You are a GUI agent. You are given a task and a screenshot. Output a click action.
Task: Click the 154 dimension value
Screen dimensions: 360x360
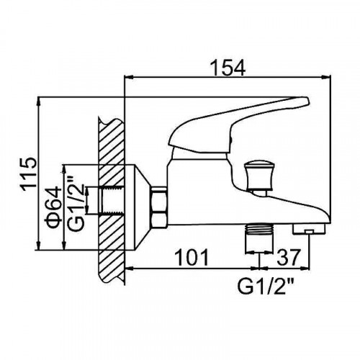228,68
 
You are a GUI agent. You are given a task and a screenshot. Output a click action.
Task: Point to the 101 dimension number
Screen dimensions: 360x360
192,257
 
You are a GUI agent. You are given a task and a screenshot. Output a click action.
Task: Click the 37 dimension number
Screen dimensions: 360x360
289,257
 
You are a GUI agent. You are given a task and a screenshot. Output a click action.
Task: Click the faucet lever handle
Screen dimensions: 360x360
238,125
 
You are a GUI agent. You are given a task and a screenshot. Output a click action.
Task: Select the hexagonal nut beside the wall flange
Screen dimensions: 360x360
158,207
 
